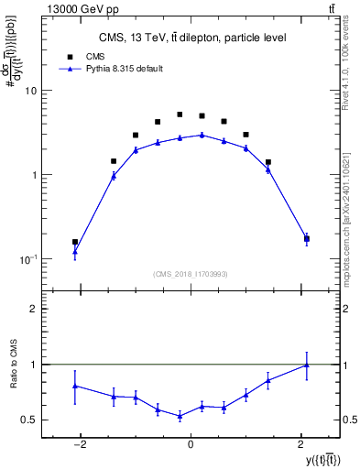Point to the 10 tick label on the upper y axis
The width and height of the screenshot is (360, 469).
[x=31, y=91]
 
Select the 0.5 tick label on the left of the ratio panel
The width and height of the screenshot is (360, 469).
[x=29, y=420]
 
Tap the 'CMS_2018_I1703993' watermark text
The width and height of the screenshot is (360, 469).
[x=190, y=273]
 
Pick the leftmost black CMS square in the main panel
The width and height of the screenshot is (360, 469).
[x=75, y=242]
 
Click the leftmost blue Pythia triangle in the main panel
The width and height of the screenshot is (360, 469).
[x=75, y=251]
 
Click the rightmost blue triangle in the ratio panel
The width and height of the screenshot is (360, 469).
[x=306, y=365]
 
